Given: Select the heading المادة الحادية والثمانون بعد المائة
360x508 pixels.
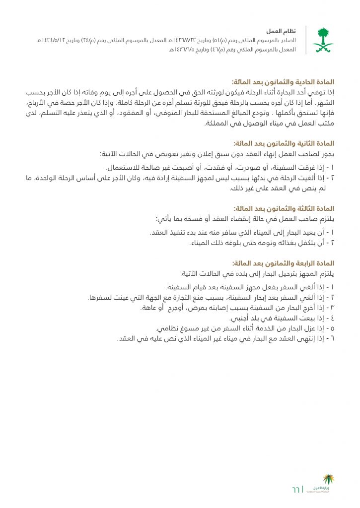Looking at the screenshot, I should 284,81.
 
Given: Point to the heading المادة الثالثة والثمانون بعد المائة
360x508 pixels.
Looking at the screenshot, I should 284,209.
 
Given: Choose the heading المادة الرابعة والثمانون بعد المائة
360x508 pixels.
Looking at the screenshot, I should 284,263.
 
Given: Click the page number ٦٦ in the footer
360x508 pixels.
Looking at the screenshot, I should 296,490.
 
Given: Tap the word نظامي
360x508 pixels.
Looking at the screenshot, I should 167,328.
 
